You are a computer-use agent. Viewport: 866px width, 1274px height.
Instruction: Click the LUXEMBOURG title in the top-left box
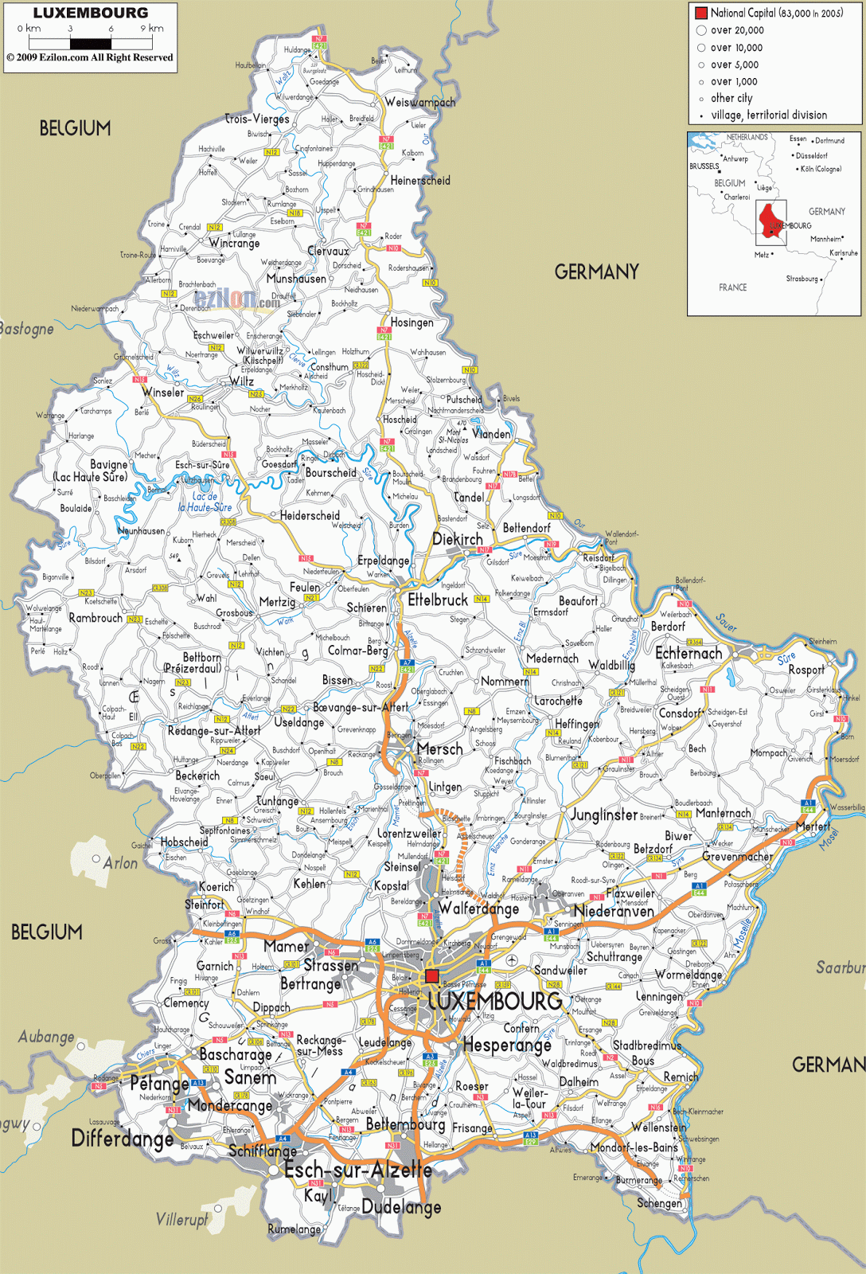(x=90, y=13)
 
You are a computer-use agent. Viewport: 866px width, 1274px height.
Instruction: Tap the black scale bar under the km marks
(x=91, y=44)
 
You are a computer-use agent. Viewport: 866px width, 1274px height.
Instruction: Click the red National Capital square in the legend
(x=701, y=13)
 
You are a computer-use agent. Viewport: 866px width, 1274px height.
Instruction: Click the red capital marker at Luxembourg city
(x=432, y=976)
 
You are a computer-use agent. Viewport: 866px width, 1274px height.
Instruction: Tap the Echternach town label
(x=689, y=653)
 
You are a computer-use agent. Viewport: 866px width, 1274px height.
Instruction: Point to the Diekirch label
(x=457, y=539)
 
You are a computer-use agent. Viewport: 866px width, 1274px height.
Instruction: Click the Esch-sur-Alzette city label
(x=358, y=1170)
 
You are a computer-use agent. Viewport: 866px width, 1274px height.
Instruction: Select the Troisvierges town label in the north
(x=257, y=119)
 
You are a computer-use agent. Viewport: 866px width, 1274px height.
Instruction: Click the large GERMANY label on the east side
(x=596, y=272)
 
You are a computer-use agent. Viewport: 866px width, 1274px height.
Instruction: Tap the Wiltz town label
(x=242, y=381)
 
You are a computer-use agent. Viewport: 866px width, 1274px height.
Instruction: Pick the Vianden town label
(x=491, y=434)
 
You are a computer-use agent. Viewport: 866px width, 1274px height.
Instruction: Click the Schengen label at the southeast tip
(x=659, y=1203)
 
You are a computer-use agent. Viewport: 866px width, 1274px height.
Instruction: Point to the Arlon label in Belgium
(x=120, y=863)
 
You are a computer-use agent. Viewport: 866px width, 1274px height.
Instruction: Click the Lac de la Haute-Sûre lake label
(x=205, y=502)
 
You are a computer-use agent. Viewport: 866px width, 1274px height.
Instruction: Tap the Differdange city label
(x=123, y=1139)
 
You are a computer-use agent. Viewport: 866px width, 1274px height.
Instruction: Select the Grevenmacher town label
(x=737, y=857)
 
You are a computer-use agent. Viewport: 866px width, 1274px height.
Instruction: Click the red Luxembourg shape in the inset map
(x=770, y=221)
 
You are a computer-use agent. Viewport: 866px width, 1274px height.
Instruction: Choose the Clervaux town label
(x=328, y=251)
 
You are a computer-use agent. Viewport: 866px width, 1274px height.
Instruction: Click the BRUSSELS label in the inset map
(x=704, y=166)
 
